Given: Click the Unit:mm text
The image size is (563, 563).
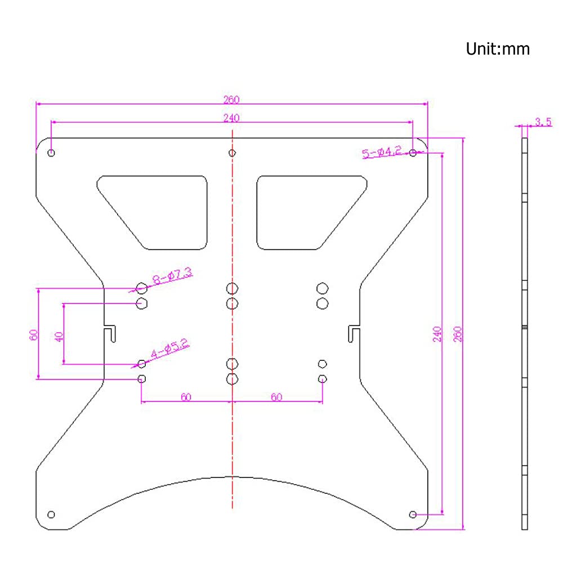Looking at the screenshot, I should tap(498, 49).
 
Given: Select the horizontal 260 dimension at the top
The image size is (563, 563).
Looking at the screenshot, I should tap(231, 100).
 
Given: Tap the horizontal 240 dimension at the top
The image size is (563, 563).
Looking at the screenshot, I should tap(231, 118).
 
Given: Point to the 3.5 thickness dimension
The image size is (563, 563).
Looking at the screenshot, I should tap(543, 121).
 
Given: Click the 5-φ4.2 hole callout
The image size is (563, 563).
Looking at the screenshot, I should tap(382, 151).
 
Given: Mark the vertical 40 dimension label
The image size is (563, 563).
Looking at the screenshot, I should tap(59, 337).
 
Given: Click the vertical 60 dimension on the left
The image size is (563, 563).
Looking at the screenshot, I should tap(33, 334).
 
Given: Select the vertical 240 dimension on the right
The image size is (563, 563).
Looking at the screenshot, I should tap(437, 335).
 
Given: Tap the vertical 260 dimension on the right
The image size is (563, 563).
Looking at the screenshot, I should tap(458, 335).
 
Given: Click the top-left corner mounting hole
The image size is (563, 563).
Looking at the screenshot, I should tap(51, 153).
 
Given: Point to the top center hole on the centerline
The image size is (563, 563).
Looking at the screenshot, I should tap(232, 153).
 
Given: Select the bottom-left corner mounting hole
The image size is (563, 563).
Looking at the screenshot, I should tap(51, 514).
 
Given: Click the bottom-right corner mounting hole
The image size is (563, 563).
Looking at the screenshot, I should tap(413, 514).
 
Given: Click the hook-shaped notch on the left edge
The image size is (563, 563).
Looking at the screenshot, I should tap(111, 333).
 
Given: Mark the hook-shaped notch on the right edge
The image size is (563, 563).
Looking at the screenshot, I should tap(354, 333).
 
